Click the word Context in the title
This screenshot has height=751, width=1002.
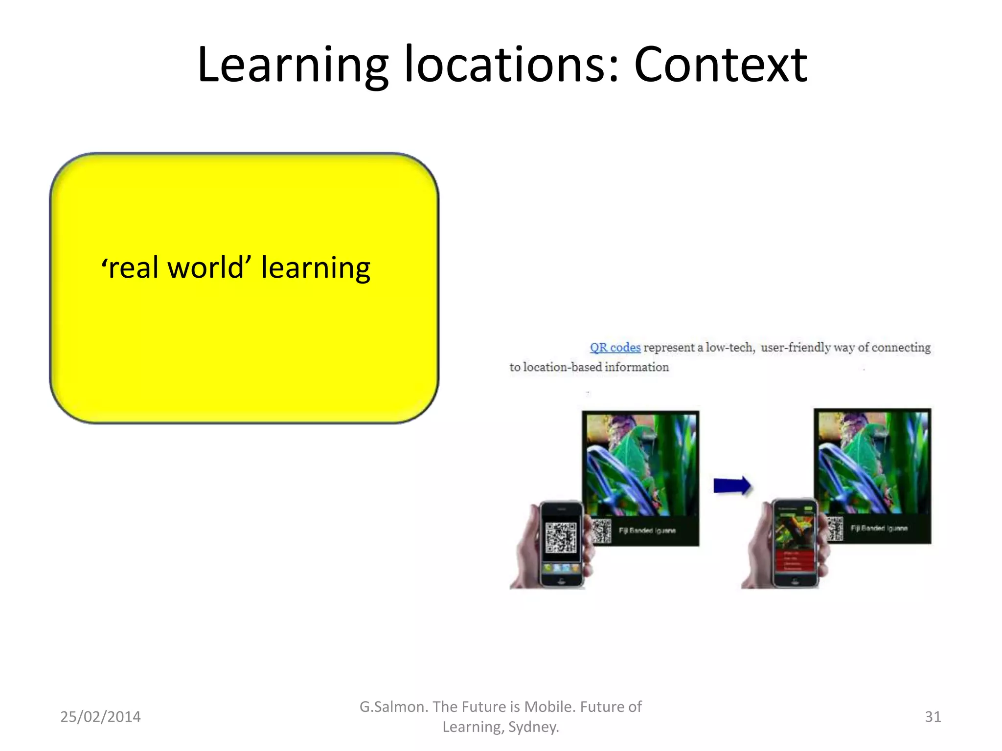720,65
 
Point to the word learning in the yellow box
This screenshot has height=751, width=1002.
316,268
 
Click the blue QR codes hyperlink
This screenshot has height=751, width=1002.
615,348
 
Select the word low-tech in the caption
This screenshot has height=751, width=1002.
730,348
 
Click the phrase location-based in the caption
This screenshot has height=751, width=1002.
563,367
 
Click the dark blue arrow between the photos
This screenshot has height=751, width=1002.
731,486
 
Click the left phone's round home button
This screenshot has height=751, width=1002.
562,580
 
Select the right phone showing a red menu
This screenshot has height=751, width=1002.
795,543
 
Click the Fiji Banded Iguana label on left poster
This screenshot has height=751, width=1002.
647,530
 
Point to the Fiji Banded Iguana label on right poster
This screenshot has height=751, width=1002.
879,529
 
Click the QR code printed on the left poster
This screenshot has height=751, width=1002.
602,531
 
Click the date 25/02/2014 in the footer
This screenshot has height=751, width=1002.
100,717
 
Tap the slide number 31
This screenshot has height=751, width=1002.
933,717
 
